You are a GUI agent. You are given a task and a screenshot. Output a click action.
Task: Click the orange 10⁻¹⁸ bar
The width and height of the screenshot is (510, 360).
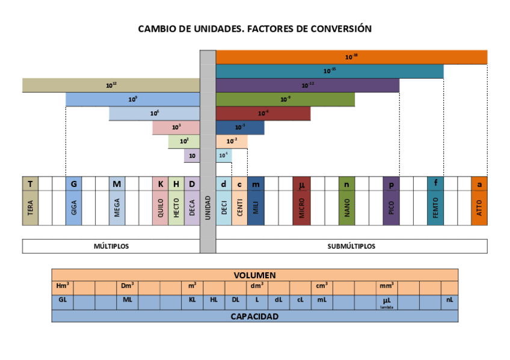(x=351, y=57)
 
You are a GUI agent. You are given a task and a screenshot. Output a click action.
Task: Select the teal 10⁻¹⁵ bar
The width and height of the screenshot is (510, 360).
(x=330, y=71)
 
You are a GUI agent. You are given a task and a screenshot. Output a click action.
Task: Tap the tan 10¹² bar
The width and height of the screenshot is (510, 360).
(x=111, y=85)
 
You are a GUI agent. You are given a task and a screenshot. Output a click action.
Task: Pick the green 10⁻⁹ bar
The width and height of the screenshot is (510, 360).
(x=285, y=99)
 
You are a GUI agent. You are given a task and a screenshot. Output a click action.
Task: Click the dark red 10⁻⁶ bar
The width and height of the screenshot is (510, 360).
(x=263, y=113)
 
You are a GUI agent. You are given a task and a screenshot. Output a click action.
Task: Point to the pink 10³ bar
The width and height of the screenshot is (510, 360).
(x=176, y=127)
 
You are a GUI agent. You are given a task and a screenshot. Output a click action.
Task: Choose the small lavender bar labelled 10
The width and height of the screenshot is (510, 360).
(x=192, y=156)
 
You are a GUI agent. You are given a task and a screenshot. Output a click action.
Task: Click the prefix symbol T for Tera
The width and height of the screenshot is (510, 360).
(x=30, y=184)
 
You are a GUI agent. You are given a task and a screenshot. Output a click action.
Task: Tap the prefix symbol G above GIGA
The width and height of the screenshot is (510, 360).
(x=73, y=184)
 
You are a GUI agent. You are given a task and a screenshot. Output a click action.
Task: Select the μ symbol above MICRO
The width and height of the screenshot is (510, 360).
(x=302, y=185)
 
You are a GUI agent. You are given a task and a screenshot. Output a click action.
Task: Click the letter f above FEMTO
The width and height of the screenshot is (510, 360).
(x=435, y=184)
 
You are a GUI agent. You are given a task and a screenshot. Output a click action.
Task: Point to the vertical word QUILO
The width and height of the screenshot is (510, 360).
(x=160, y=208)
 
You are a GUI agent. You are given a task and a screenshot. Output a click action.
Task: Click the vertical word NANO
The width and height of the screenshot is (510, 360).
(x=347, y=208)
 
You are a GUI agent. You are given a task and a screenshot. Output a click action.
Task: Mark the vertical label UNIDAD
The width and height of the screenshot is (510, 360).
(x=207, y=207)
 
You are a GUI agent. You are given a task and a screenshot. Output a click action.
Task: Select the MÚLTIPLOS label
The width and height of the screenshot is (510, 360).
(x=111, y=246)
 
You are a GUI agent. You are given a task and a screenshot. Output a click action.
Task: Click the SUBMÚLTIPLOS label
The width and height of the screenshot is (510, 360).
(x=351, y=246)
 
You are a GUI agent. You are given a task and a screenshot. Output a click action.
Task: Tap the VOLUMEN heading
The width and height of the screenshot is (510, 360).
(x=254, y=275)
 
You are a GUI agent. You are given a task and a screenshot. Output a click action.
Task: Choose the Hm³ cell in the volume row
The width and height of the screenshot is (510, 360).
(x=63, y=285)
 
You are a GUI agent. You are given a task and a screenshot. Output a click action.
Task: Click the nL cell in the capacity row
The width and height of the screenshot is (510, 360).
(x=449, y=299)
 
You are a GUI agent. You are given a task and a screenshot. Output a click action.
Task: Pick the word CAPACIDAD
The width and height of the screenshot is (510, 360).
(x=254, y=316)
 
